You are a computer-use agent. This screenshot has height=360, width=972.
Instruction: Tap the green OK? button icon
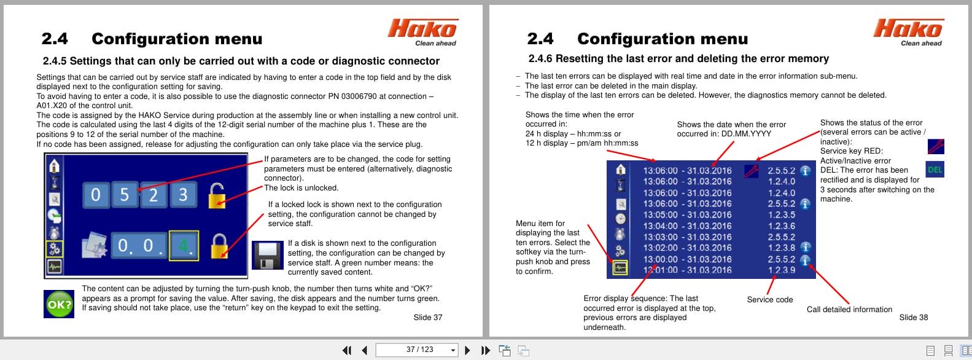pyautogui.click(x=59, y=304)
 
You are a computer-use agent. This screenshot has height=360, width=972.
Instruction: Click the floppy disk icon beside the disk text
pyautogui.click(x=267, y=256)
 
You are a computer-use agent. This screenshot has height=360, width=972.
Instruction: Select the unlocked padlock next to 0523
pyautogui.click(x=217, y=195)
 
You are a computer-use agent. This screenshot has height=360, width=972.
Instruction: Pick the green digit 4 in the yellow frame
pyautogui.click(x=184, y=246)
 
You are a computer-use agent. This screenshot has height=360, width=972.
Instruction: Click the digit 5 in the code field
pyautogui.click(x=125, y=195)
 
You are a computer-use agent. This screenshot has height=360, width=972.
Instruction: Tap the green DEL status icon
pyautogui.click(x=935, y=170)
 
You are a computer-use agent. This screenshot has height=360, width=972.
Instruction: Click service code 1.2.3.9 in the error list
pyautogui.click(x=781, y=270)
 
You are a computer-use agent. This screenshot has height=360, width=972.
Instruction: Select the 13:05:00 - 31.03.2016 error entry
pyautogui.click(x=687, y=214)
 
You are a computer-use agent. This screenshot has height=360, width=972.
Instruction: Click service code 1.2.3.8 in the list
pyautogui.click(x=781, y=248)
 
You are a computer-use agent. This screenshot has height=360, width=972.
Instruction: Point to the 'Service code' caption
pyautogui.click(x=769, y=300)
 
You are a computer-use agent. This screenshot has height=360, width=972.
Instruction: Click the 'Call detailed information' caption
pyautogui.click(x=849, y=310)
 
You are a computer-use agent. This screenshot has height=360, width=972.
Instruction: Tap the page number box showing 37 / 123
pyautogui.click(x=419, y=350)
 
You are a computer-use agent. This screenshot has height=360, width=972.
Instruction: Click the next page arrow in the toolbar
pyautogui.click(x=467, y=350)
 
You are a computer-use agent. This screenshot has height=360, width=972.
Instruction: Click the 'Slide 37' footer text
pyautogui.click(x=427, y=318)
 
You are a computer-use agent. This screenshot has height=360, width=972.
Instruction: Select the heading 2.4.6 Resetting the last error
pyautogui.click(x=678, y=59)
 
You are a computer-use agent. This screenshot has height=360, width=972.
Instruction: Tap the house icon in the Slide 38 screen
pyautogui.click(x=621, y=170)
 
